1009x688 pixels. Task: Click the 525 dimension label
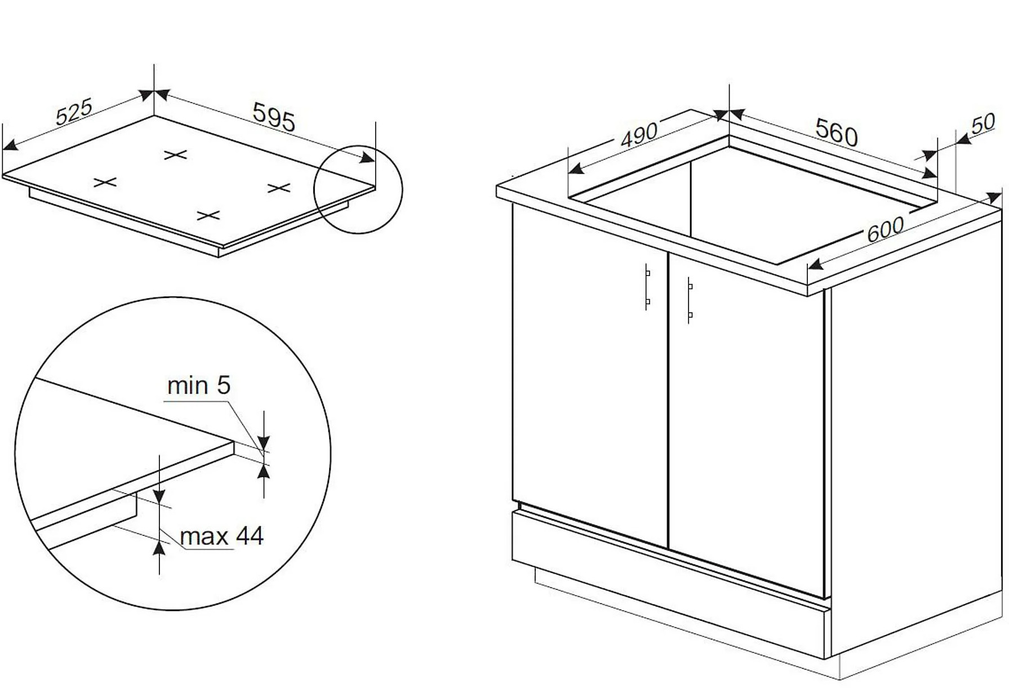(74, 112)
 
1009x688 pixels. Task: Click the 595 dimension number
(274, 117)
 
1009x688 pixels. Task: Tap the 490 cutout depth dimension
(639, 135)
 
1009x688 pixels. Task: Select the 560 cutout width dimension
(836, 133)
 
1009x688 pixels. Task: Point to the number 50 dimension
(983, 124)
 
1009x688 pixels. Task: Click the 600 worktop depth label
(885, 229)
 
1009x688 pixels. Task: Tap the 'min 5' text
(199, 386)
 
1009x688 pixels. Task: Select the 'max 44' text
(221, 536)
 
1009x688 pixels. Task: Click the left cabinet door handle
(647, 287)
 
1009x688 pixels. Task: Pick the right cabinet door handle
(690, 300)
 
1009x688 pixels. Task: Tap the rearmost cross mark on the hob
(175, 154)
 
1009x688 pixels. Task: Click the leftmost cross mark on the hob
(105, 182)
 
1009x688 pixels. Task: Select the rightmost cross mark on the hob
(279, 188)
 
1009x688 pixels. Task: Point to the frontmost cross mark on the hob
(208, 215)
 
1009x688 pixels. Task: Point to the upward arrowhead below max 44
(159, 548)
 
